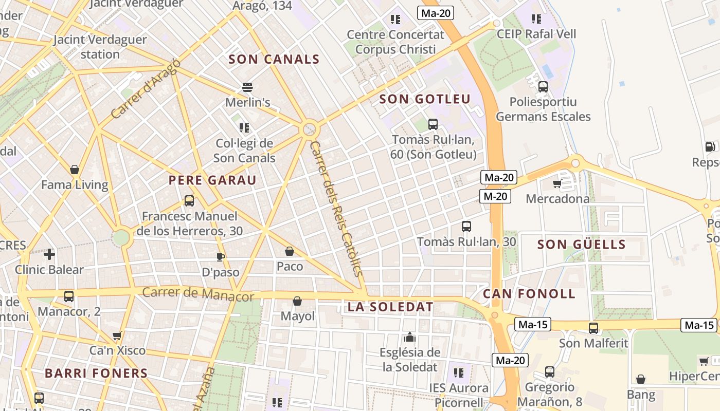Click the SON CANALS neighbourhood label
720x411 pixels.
274,60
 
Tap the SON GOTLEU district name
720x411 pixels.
425,99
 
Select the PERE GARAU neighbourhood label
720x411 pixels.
212,180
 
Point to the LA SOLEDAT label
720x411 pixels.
390,307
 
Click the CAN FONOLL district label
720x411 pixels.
529,294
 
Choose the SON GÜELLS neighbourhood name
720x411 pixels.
581,245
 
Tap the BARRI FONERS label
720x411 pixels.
96,373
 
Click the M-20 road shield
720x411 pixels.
495,196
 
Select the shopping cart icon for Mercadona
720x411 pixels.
557,183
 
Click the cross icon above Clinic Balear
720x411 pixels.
49,254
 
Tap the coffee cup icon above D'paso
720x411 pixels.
221,257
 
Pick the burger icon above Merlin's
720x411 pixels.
247,87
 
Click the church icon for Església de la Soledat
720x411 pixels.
410,337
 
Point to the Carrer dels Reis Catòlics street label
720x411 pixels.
337,209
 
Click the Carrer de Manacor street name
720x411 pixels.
198,294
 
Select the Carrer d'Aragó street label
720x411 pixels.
146,89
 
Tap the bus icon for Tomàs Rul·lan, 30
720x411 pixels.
466,226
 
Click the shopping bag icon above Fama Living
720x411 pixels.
75,170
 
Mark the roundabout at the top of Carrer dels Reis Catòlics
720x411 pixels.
310,128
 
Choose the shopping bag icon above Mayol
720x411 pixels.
297,301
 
